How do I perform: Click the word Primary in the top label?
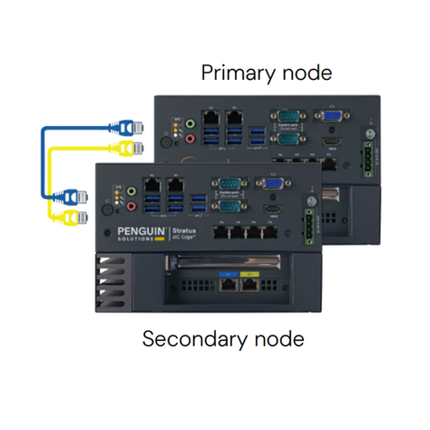(233, 73)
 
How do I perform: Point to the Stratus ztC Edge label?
(184, 233)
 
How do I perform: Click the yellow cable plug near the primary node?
(128, 148)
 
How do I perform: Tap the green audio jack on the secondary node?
(132, 192)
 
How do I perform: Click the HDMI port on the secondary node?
(270, 210)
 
